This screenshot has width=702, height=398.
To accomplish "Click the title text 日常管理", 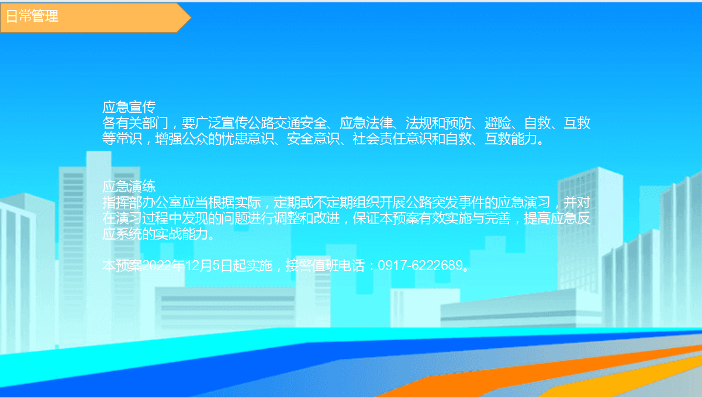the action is point(32,16).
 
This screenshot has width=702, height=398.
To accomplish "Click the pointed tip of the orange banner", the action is point(191,17).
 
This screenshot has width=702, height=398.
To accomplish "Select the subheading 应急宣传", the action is point(129,107).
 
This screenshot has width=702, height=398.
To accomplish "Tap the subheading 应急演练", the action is point(129,186).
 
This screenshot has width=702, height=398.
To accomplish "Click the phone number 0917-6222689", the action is point(420,265).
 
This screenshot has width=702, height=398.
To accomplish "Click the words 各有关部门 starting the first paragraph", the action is point(136,123).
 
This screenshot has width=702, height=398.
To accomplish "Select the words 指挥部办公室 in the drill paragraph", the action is point(142,202).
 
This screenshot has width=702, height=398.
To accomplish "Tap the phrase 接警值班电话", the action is point(325,265).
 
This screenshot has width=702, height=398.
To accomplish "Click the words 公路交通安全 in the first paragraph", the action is point(287,123).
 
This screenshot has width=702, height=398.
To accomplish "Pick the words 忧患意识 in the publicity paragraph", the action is point(248,139).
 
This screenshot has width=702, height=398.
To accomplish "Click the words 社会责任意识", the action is point(392,139).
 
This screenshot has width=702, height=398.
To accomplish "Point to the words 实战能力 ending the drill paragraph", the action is point(181,234).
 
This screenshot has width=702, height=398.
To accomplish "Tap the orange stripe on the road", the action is point(532,373).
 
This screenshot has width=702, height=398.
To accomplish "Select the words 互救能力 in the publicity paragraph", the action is point(511,139).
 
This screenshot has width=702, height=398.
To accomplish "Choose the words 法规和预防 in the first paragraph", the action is point(438,123).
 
